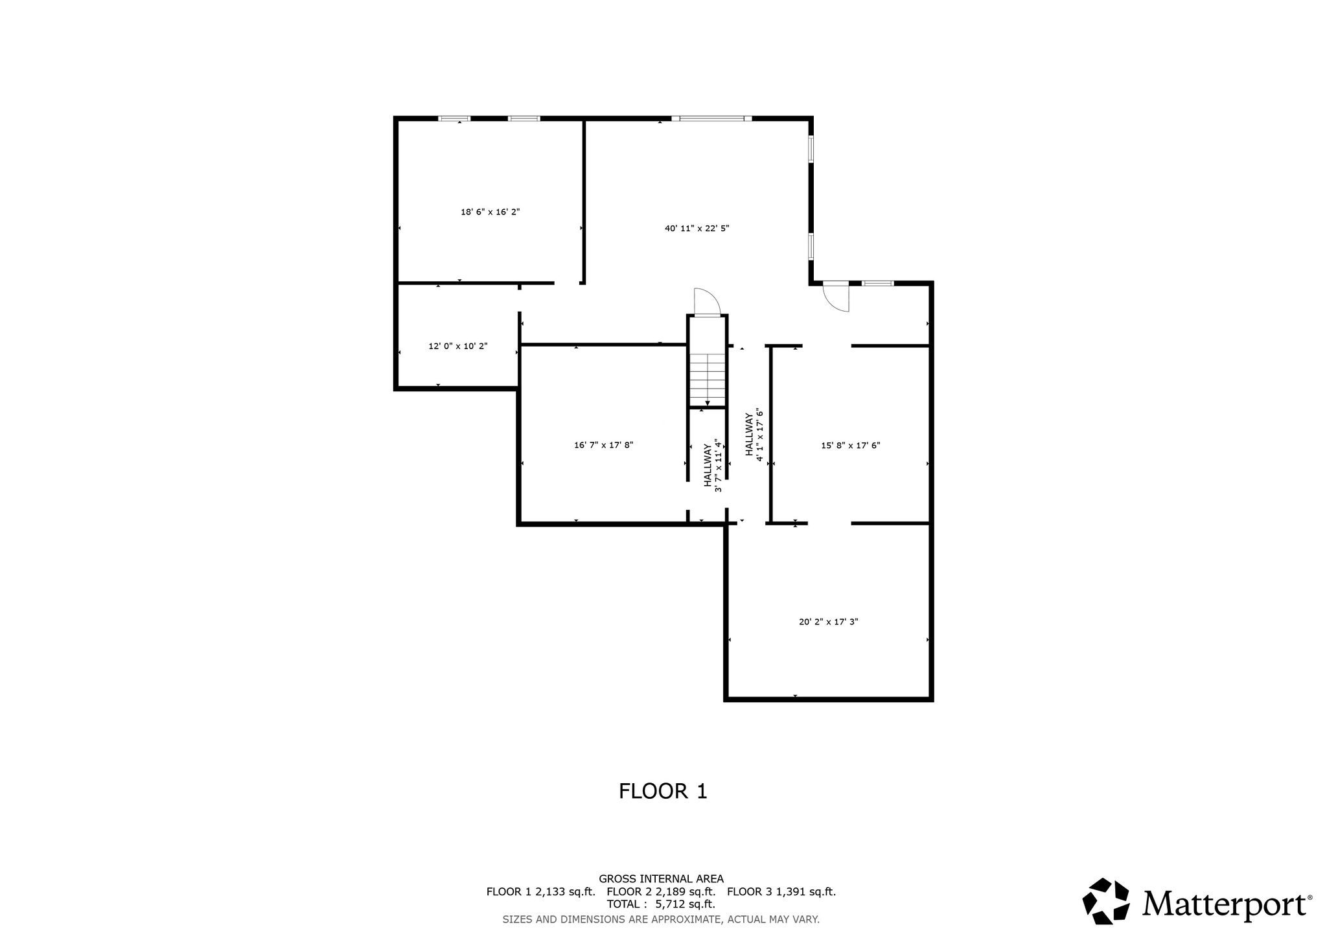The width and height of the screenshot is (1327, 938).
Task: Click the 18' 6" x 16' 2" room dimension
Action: click(x=490, y=212)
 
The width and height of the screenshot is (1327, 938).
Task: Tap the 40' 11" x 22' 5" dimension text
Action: click(x=697, y=228)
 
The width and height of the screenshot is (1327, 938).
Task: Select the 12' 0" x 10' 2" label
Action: click(x=458, y=346)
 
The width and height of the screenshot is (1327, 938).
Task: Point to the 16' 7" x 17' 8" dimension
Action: click(x=603, y=445)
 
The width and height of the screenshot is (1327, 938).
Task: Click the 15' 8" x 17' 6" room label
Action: click(x=851, y=446)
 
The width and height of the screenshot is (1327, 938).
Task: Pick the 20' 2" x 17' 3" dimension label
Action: click(x=829, y=622)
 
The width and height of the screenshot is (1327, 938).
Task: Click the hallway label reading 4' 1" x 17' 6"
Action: click(x=756, y=434)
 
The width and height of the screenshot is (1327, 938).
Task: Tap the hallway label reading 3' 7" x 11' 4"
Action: click(x=713, y=465)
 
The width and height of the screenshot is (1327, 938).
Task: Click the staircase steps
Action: click(x=707, y=379)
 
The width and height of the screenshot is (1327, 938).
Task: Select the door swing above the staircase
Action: click(x=707, y=301)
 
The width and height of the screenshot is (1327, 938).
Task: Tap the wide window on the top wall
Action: click(x=711, y=119)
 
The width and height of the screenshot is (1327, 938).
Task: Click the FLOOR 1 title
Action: click(x=663, y=791)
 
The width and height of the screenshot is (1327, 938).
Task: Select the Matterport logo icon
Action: click(x=1106, y=901)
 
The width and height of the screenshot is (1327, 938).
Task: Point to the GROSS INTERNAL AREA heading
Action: click(x=661, y=879)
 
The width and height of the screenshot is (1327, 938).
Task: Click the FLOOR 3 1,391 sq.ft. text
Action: click(x=781, y=891)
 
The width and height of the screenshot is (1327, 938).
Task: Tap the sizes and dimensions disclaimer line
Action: click(x=661, y=919)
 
